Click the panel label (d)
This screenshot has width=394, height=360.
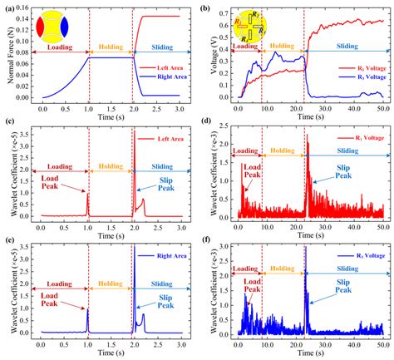(206, 126)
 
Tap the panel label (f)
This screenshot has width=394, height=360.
(205, 242)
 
